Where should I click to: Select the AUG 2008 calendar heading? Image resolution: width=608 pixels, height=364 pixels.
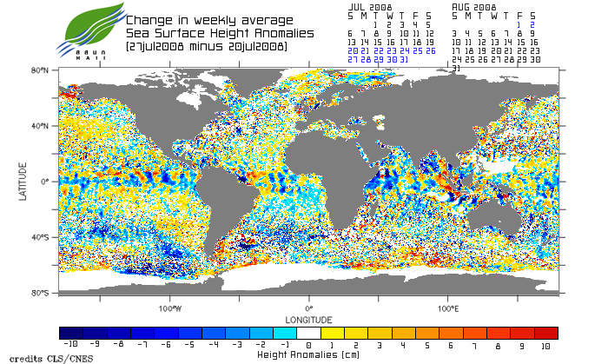pos(473,6)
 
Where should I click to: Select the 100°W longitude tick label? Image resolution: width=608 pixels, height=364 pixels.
pos(170,308)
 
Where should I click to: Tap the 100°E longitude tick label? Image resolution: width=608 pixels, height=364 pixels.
pos(448,308)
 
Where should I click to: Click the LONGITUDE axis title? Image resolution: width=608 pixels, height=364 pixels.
pos(308,318)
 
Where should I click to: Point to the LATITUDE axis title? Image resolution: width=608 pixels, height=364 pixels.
pos(23,182)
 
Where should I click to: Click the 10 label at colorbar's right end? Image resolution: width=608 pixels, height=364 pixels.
pos(546,345)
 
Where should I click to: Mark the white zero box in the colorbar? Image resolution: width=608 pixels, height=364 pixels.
pos(308,333)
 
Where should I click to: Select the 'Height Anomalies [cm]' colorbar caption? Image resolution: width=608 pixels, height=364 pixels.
pos(308,354)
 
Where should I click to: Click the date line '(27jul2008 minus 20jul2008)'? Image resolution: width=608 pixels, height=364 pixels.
pos(206,45)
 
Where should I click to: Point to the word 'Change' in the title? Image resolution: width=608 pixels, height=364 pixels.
pos(148,19)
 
